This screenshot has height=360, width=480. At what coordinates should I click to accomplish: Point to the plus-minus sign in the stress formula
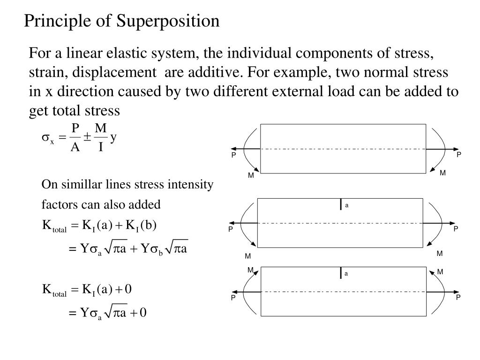[88, 137]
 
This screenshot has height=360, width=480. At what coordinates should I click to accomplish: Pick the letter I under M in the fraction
[100, 148]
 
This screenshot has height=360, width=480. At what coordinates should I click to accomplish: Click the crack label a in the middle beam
[347, 205]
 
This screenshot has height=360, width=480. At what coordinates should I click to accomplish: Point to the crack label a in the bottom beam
[346, 273]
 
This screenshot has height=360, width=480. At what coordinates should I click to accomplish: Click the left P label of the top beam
[233, 155]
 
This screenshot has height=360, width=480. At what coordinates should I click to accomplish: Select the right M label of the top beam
[442, 173]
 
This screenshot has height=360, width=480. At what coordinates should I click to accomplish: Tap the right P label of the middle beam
[455, 229]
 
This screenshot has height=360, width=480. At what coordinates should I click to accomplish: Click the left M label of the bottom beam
[250, 270]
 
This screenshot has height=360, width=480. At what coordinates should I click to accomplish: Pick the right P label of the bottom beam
[459, 297]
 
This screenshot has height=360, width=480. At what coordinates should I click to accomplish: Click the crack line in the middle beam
[341, 204]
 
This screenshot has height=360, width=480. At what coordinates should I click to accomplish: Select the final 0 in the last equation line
[143, 313]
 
